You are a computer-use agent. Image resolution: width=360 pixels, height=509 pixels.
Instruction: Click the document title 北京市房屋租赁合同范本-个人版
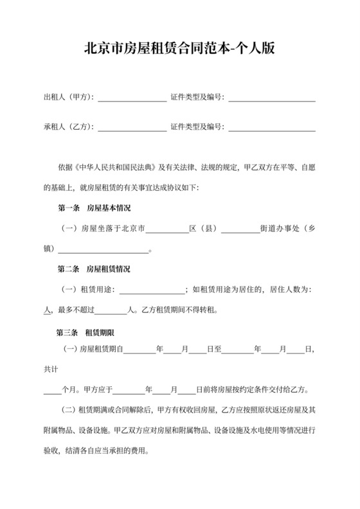pyautogui.click(x=180, y=49)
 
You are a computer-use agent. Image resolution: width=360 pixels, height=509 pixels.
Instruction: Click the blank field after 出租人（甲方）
pyautogui.click(x=131, y=98)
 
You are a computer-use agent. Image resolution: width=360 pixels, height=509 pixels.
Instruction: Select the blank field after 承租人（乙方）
pyautogui.click(x=131, y=128)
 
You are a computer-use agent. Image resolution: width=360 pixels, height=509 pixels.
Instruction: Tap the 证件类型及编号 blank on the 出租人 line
pyautogui.click(x=272, y=98)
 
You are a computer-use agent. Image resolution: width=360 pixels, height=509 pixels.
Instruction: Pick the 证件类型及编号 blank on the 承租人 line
pyautogui.click(x=272, y=128)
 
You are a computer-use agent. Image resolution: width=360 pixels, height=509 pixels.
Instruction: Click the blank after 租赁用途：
pyautogui.click(x=152, y=290)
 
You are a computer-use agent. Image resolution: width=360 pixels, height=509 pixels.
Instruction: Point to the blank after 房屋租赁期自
pyautogui.click(x=139, y=350)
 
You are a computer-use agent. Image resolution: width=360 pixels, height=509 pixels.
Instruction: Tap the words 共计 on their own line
pyautogui.click(x=51, y=369)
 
